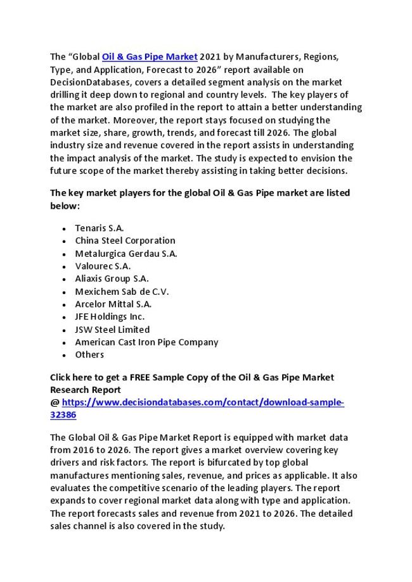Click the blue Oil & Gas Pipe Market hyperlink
click(150, 57)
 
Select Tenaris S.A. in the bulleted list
click(100, 228)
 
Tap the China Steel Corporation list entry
click(125, 240)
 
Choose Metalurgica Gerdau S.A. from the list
click(126, 254)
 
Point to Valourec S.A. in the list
click(103, 266)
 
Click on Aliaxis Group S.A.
click(112, 279)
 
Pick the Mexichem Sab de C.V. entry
click(122, 292)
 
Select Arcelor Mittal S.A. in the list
click(113, 304)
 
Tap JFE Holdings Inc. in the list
click(110, 317)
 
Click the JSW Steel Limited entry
click(112, 330)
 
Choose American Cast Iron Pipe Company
click(146, 342)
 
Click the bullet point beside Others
click(65, 356)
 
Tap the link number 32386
click(63, 416)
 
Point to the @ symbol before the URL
click(55, 403)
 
